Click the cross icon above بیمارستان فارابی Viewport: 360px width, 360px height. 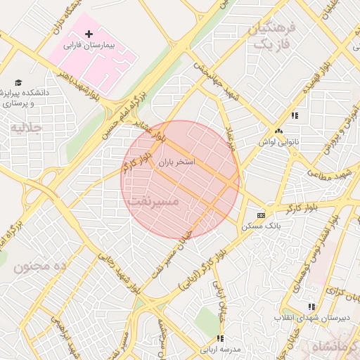[89, 34]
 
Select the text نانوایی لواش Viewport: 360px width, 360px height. [278, 141]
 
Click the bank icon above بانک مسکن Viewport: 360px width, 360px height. [261, 215]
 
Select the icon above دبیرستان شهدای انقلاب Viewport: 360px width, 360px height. [311, 307]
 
